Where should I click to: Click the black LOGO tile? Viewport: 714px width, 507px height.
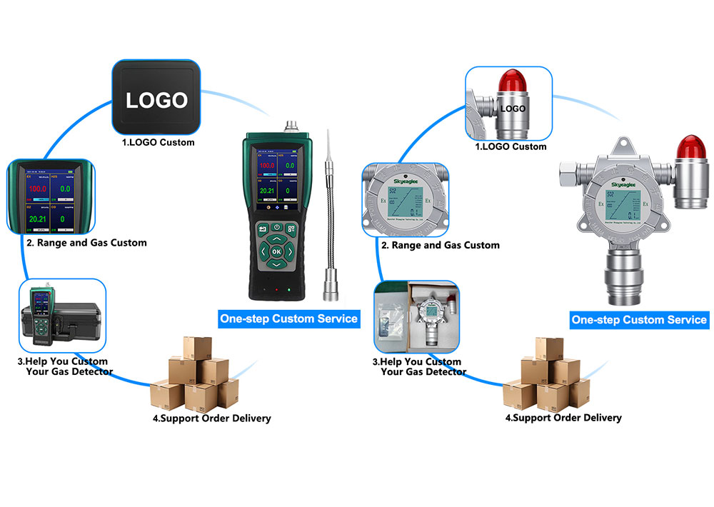pyautogui.click(x=157, y=99)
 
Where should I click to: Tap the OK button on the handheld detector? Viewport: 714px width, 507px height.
pyautogui.click(x=276, y=251)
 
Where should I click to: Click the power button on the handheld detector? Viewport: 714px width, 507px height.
pyautogui.click(x=276, y=228)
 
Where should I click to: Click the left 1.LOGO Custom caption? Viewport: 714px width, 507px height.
pyautogui.click(x=158, y=142)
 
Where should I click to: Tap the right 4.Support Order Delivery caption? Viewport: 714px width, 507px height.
pyautogui.click(x=563, y=418)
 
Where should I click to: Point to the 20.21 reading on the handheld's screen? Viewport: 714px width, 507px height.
pyautogui.click(x=266, y=191)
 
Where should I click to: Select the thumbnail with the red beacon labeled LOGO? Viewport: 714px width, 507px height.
pyautogui.click(x=508, y=104)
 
